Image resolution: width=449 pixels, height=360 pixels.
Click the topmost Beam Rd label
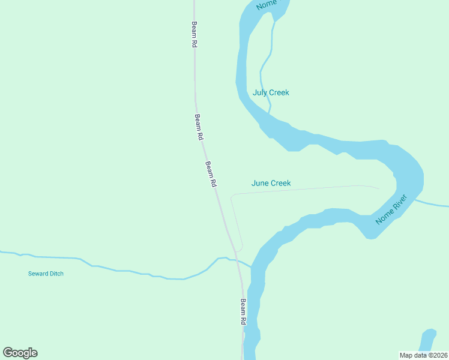[194, 35]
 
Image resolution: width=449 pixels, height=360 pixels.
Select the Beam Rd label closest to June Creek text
[211, 175]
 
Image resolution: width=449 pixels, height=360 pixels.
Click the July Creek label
[271, 92]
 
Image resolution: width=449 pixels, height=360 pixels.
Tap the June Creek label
[271, 183]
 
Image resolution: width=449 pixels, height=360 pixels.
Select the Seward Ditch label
[46, 274]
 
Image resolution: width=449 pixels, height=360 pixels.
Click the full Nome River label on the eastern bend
[391, 209]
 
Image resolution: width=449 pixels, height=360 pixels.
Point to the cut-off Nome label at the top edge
[267, 5]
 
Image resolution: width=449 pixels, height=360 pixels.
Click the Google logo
[20, 353]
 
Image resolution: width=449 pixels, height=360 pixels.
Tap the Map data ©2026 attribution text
[423, 355]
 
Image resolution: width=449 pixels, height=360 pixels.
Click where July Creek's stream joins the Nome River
[270, 113]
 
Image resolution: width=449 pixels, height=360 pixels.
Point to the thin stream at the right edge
[435, 204]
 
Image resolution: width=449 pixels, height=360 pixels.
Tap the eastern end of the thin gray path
[379, 188]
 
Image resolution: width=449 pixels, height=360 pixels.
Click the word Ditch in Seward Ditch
[55, 274]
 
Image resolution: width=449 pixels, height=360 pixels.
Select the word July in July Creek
[259, 92]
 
